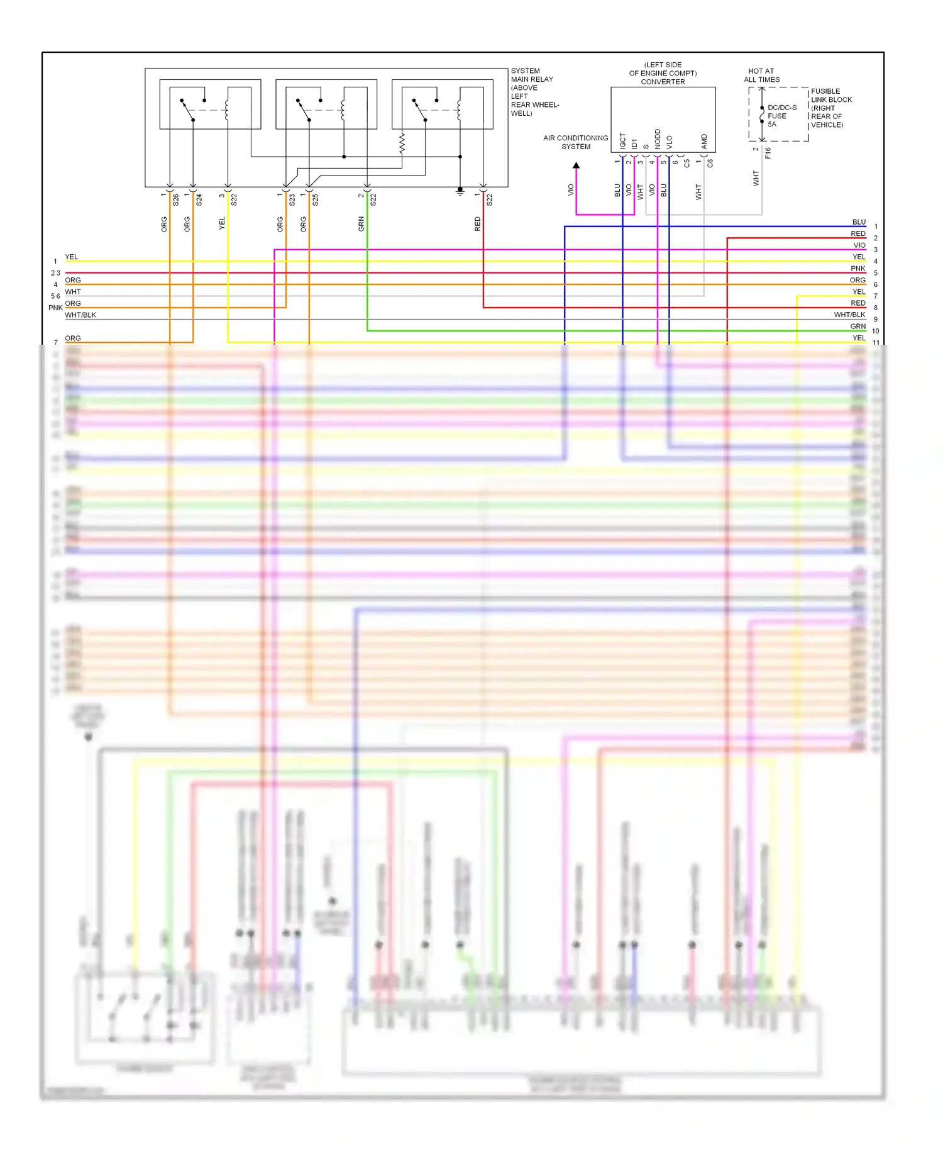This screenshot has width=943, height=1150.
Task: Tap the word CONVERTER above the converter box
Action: (663, 82)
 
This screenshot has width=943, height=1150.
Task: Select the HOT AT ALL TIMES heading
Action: (761, 75)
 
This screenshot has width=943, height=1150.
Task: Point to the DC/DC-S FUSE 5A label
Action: (781, 116)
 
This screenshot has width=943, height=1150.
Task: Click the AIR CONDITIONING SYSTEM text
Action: (575, 142)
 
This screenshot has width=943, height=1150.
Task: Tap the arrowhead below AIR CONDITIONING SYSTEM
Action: (576, 165)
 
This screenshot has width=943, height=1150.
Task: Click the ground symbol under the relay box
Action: (460, 191)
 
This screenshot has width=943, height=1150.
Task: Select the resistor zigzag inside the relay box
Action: (402, 143)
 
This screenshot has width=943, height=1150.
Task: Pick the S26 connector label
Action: (176, 199)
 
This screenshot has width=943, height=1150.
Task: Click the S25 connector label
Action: (316, 199)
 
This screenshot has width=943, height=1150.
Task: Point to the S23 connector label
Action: (292, 199)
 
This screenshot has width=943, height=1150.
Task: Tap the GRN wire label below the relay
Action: (361, 224)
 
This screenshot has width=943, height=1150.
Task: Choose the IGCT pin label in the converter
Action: (623, 141)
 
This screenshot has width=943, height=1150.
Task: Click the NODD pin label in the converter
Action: (658, 139)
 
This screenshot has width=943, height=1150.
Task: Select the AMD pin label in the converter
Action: (704, 142)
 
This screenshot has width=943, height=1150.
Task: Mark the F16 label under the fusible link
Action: (768, 153)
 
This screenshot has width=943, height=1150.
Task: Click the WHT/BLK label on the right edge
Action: (849, 315)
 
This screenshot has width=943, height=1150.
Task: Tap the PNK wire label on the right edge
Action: (858, 269)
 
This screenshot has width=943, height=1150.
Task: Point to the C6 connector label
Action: (710, 163)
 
